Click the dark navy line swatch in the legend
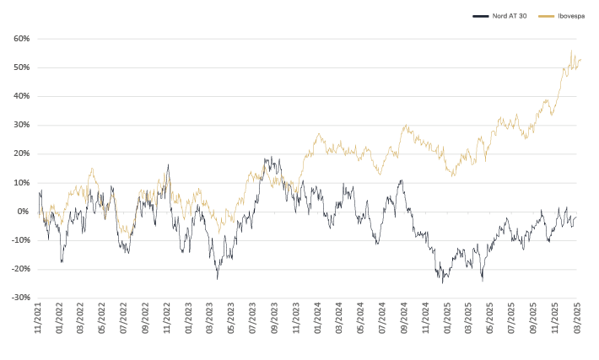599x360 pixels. pyautogui.click(x=479, y=15)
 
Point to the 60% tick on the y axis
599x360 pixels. pyautogui.click(x=22, y=39)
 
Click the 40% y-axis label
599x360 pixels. pyautogui.click(x=22, y=96)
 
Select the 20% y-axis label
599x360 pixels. pyautogui.click(x=22, y=153)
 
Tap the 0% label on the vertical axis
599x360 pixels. pyautogui.click(x=24, y=211)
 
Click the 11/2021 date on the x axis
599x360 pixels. pyautogui.click(x=40, y=320)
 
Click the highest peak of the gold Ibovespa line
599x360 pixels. pyautogui.click(x=571, y=51)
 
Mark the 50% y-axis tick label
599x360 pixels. pyautogui.click(x=22, y=67)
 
